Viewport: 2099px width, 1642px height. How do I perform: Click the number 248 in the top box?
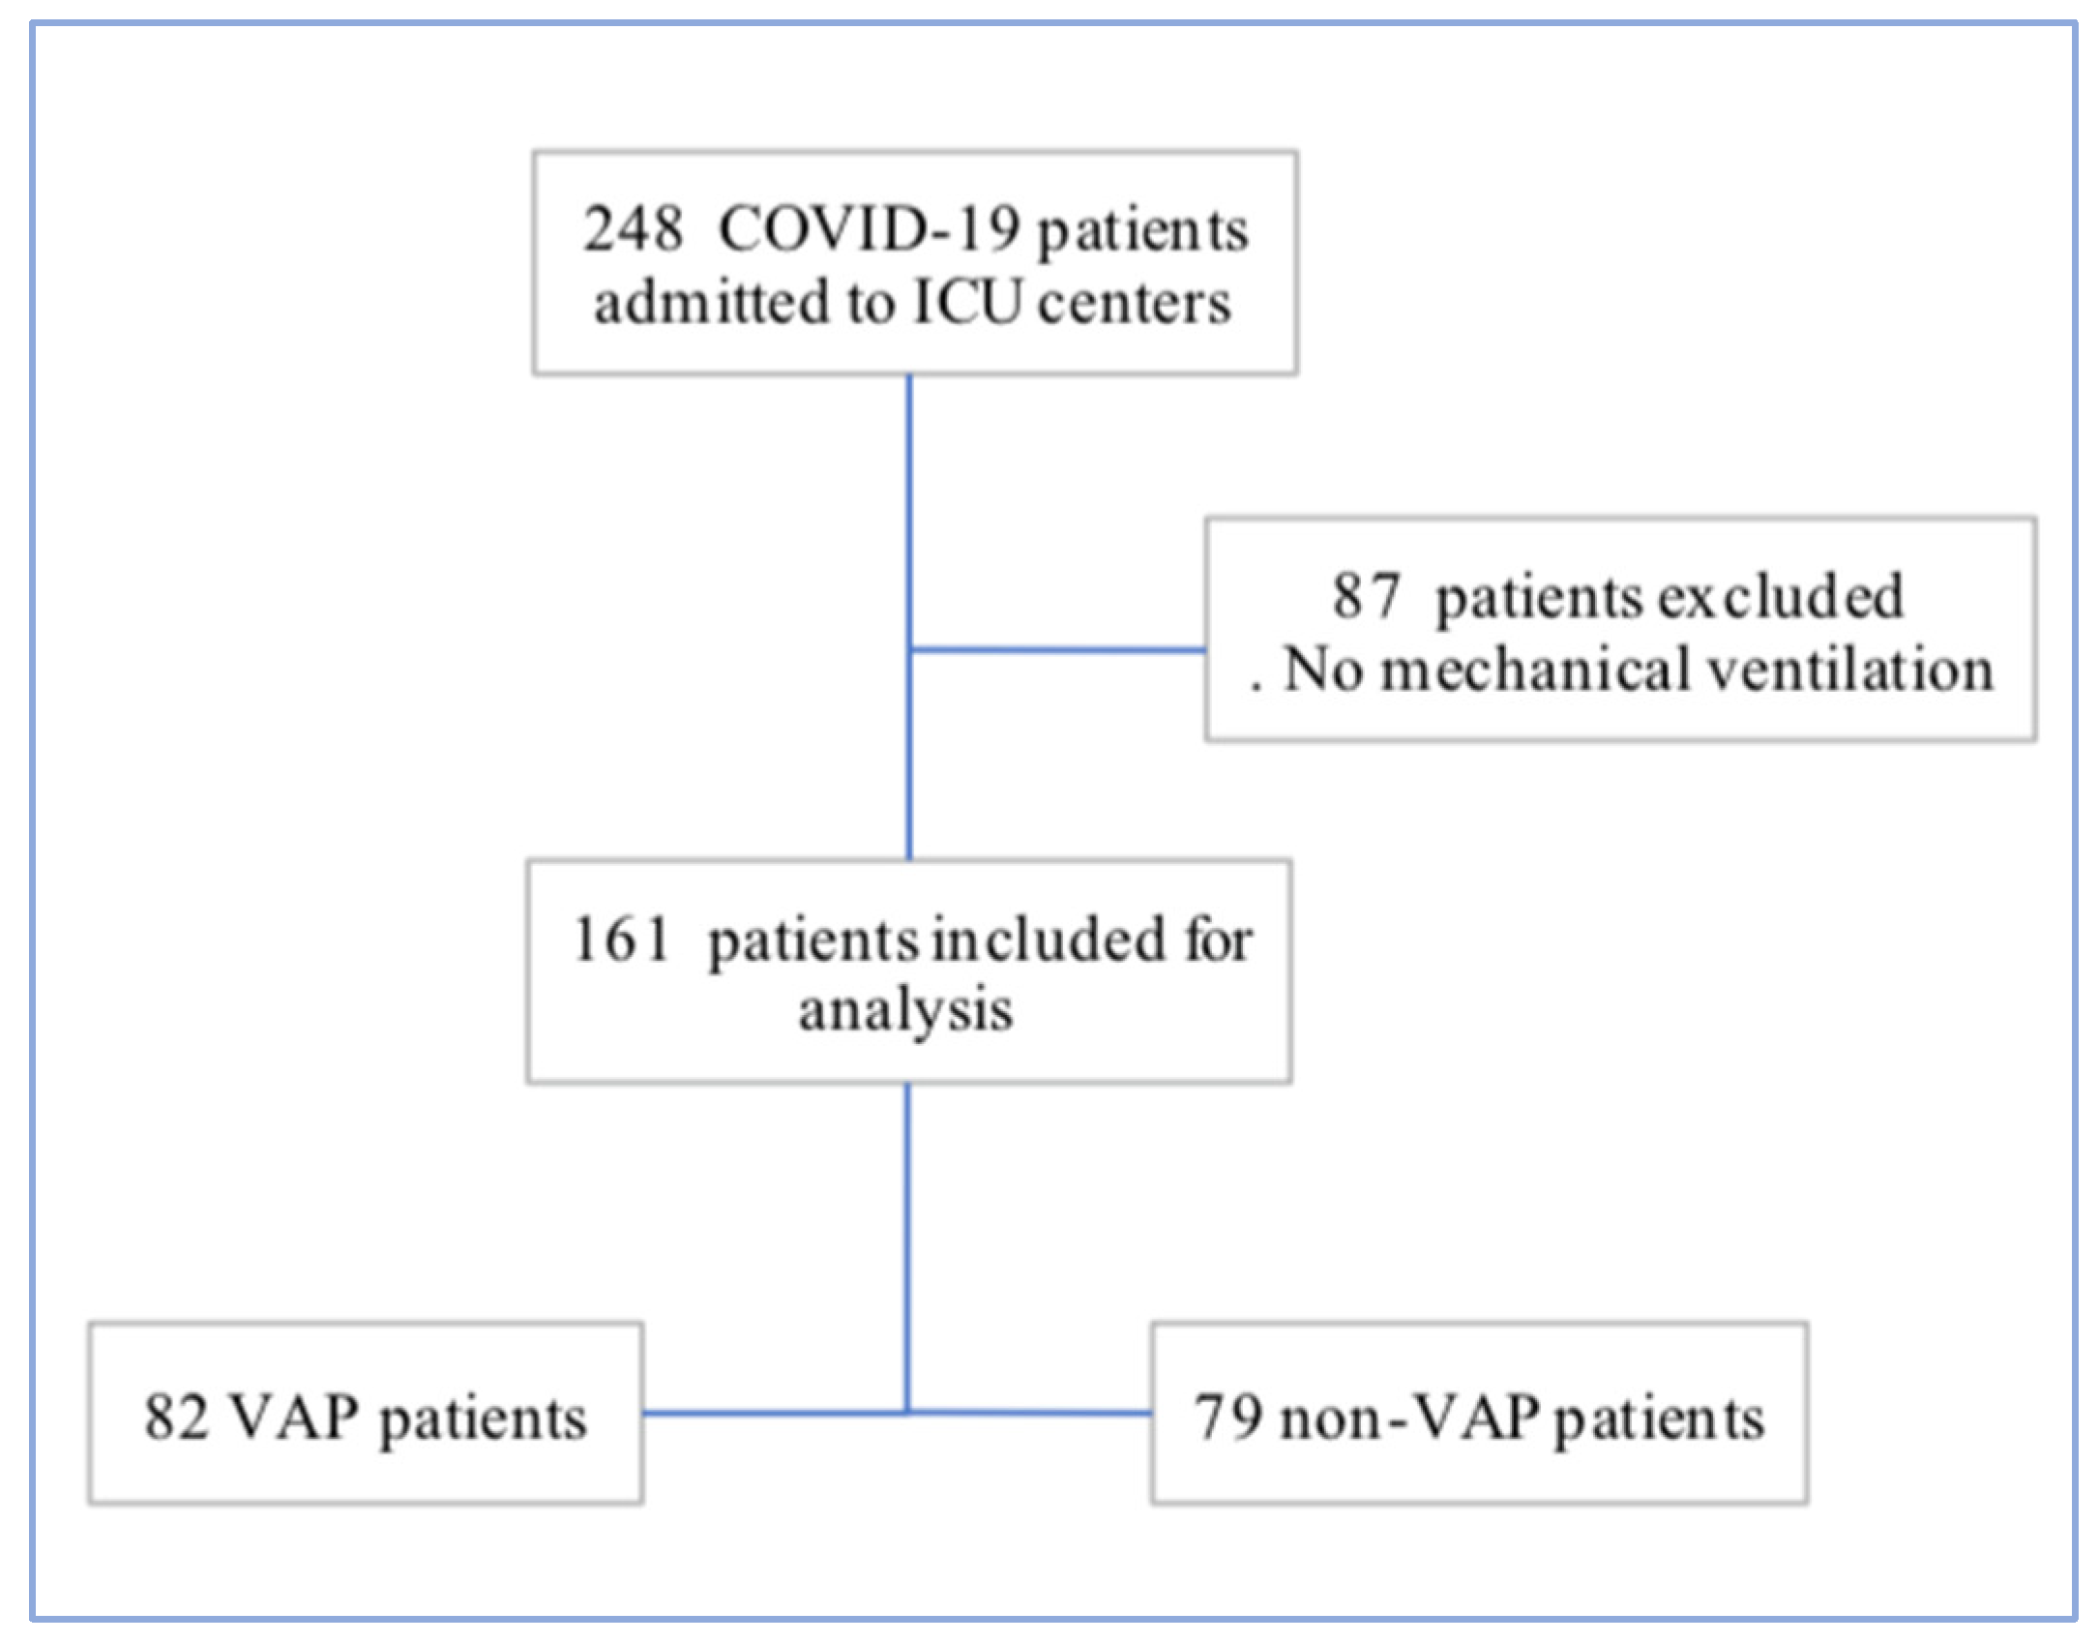tap(633, 230)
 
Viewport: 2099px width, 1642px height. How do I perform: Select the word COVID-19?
tap(869, 230)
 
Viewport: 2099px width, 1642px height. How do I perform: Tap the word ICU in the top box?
tap(966, 303)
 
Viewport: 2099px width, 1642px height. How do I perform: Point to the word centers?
tap(1134, 303)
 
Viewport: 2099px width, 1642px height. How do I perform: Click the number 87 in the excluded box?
tap(1366, 595)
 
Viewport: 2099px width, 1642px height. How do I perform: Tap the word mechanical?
tap(1534, 670)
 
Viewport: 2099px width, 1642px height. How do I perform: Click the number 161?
tap(621, 940)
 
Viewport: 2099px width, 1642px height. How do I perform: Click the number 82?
tap(176, 1418)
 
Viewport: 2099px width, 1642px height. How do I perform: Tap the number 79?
tap(1228, 1418)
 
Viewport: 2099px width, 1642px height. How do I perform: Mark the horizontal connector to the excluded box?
tap(1059, 649)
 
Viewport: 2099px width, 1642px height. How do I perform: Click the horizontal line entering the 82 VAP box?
tap(774, 1413)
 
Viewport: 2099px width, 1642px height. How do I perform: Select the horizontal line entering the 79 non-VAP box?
tap(1030, 1413)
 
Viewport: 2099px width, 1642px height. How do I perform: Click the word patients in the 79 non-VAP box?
tap(1660, 1419)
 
